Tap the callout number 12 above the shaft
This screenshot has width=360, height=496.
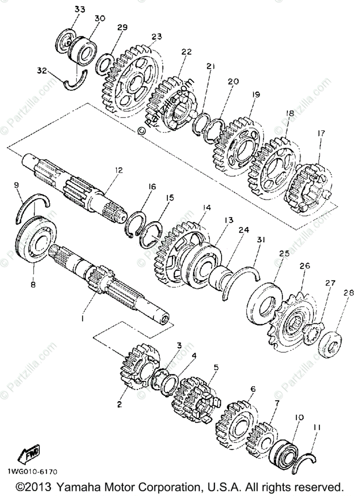pyautogui.click(x=119, y=169)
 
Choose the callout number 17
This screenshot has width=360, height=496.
pyautogui.click(x=321, y=134)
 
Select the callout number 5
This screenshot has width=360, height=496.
pyautogui.click(x=216, y=367)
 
